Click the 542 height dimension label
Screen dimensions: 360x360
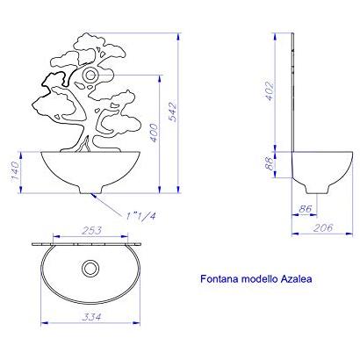point(173,112)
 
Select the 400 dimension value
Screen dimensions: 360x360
point(154,133)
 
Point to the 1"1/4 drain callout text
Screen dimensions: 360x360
point(141,216)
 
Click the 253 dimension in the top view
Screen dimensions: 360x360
point(91,231)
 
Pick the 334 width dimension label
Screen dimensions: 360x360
point(91,317)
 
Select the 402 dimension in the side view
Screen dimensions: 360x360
point(269,91)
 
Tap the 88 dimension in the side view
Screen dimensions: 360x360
point(269,164)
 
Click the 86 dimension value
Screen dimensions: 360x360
point(305,209)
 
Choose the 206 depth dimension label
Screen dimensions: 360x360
point(323,227)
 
